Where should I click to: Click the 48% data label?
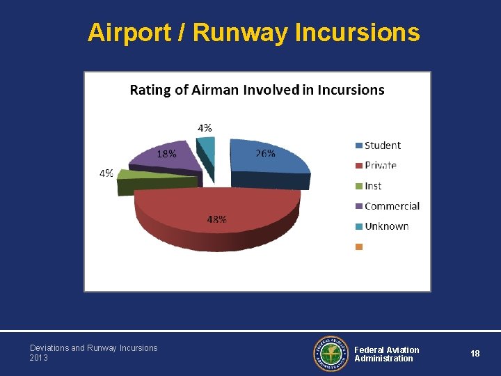tap(216, 219)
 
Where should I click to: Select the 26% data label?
tap(265, 153)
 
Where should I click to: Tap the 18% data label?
tap(166, 154)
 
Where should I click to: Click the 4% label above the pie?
tap(205, 128)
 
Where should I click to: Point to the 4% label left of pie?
tap(106, 173)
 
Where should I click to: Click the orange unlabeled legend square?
tap(359, 246)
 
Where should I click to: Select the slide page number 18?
tap(475, 354)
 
